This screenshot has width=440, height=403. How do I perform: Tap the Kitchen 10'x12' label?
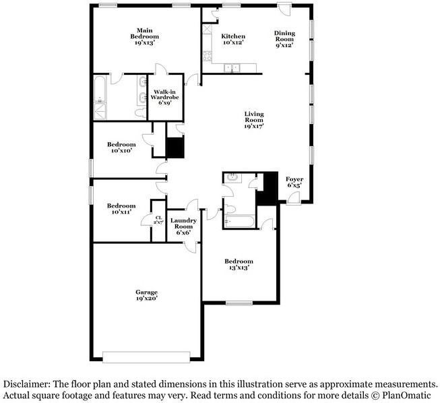(233, 39)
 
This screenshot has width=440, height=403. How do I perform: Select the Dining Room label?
(284, 40)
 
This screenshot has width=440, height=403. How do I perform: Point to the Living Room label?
(253, 119)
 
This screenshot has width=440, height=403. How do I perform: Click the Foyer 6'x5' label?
(294, 182)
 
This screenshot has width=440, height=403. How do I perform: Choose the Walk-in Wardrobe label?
(164, 97)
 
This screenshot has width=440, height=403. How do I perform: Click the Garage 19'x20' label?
(146, 295)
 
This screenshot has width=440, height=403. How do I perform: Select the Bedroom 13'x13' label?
(239, 264)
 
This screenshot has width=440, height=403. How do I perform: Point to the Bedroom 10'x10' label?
(121, 147)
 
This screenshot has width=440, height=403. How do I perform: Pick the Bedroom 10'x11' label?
(121, 209)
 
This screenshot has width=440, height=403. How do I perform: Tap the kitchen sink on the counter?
(232, 67)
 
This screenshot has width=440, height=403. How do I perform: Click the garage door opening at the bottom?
(151, 356)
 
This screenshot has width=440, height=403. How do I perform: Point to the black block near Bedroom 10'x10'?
(175, 148)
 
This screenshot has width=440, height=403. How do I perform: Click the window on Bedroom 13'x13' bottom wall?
(239, 303)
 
